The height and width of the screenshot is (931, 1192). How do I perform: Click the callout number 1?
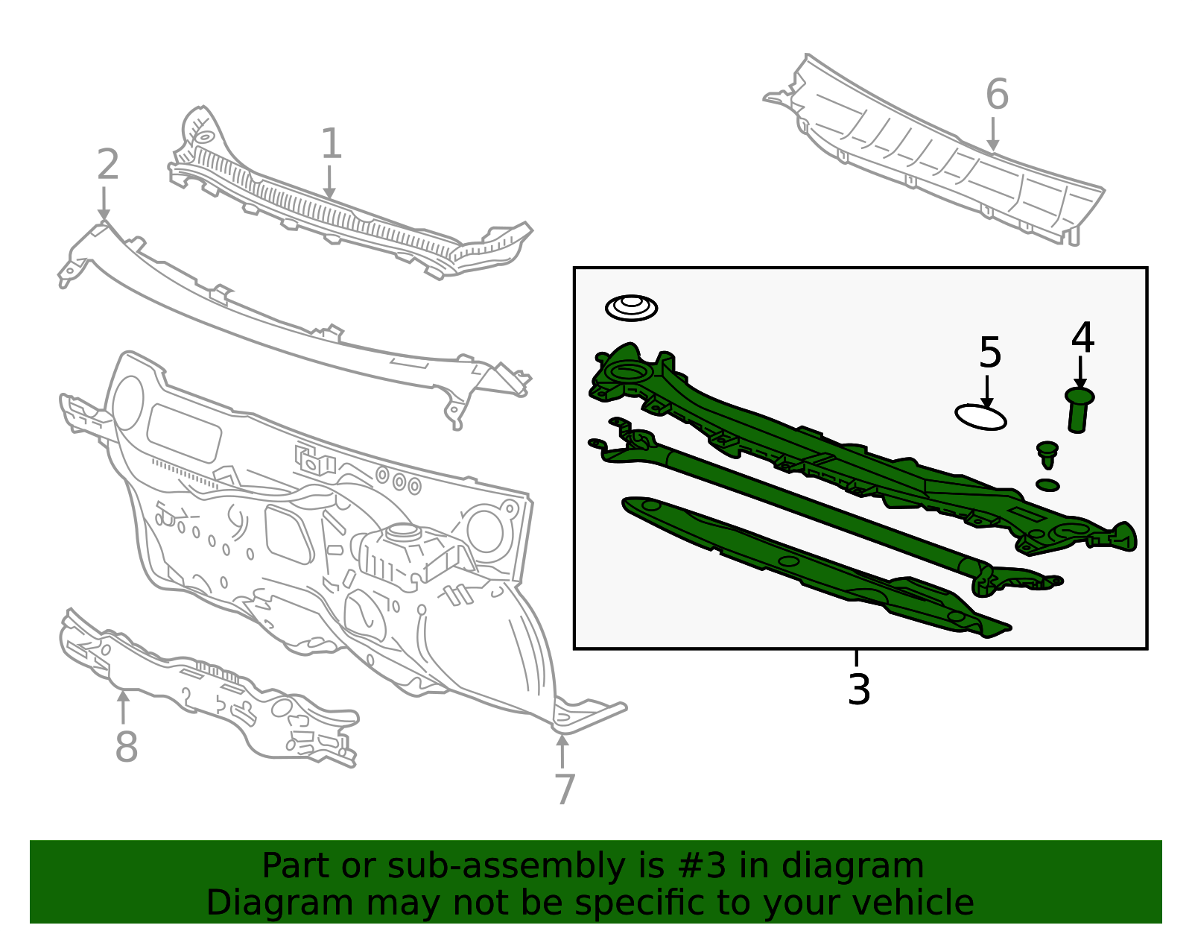point(332,143)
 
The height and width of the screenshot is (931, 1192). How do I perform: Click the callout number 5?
point(990,353)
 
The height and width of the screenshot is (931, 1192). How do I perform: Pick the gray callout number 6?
point(997,94)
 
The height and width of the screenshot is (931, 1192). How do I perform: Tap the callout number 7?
point(565,789)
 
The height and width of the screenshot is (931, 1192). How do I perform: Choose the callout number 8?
point(126,745)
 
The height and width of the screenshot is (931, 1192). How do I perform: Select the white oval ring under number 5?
point(981,417)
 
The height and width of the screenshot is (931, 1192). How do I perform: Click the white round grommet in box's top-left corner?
point(631,308)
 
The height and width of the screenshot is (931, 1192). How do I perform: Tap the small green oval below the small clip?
point(1047,485)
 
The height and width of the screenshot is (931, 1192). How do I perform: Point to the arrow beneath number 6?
point(993,133)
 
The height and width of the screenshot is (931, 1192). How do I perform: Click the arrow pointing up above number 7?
point(562,751)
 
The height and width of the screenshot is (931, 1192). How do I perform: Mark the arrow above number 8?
point(124,707)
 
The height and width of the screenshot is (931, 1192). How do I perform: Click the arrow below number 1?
point(329,182)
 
